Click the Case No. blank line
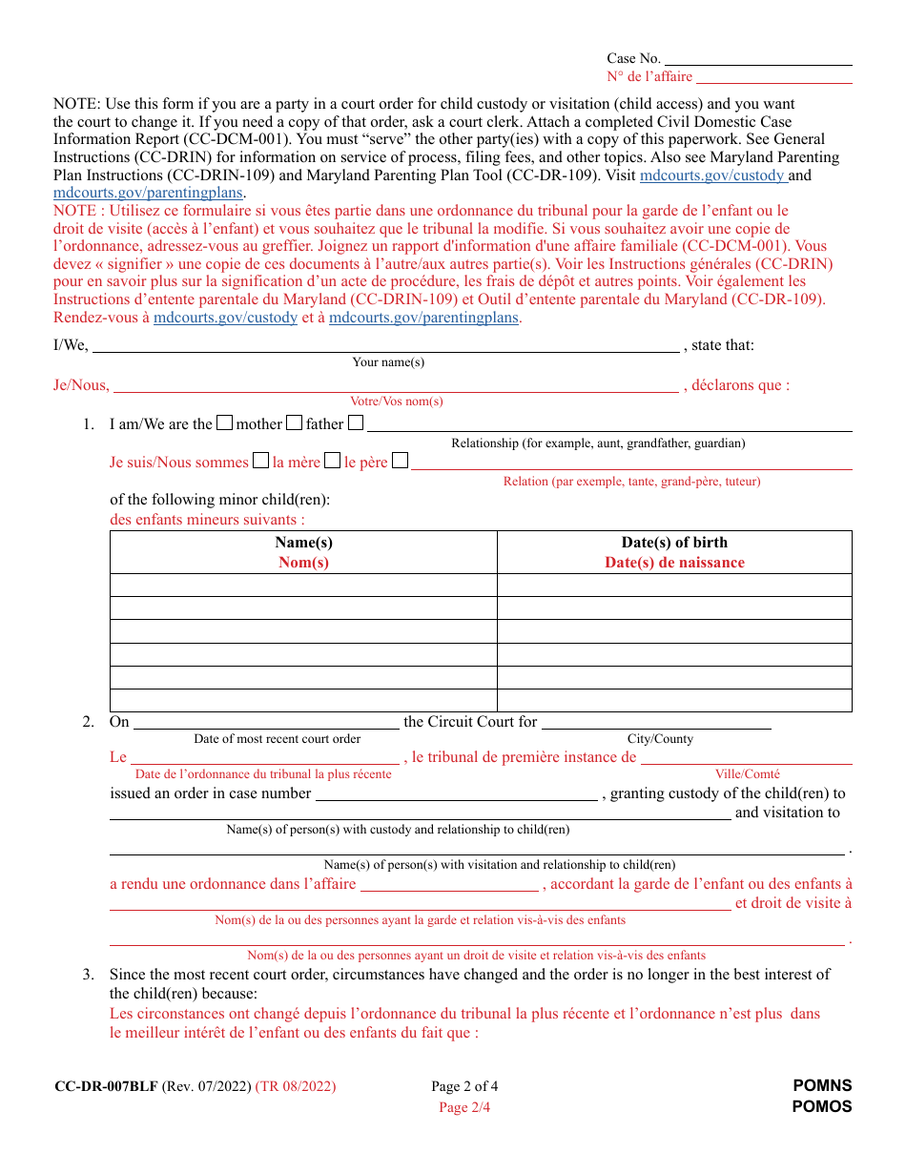tap(758, 59)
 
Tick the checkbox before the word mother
tap(225, 423)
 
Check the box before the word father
tap(295, 423)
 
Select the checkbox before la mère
tap(260, 462)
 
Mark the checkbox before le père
tap(332, 462)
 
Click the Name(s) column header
tap(303, 543)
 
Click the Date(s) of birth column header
tap(674, 543)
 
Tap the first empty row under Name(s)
tap(303, 585)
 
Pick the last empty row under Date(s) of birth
tap(674, 701)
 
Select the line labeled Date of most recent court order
tap(266, 723)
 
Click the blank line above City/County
tap(656, 723)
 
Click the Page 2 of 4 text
tap(464, 1086)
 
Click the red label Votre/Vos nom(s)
tap(397, 401)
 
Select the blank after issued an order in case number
tap(456, 794)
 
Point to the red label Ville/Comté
tap(748, 774)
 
